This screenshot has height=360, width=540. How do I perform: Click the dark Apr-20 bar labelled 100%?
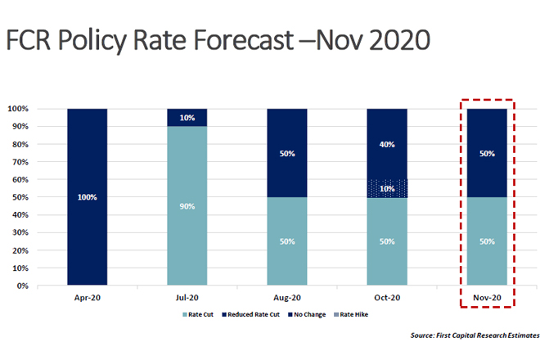87,197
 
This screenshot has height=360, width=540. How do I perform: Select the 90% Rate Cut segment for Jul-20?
187,206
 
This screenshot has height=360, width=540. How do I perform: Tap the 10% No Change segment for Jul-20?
187,117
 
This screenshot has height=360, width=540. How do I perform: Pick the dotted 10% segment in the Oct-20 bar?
387,188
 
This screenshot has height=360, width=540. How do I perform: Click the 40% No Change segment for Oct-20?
387,144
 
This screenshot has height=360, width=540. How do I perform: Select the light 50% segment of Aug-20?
287,241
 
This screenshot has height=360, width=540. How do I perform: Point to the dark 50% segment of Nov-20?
488,153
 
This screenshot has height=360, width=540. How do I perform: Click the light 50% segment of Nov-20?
488,241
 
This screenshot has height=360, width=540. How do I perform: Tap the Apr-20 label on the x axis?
88,298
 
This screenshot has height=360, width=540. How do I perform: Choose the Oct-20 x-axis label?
387,298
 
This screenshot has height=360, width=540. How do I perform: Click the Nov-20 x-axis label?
488,298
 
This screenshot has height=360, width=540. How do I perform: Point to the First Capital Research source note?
475,335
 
